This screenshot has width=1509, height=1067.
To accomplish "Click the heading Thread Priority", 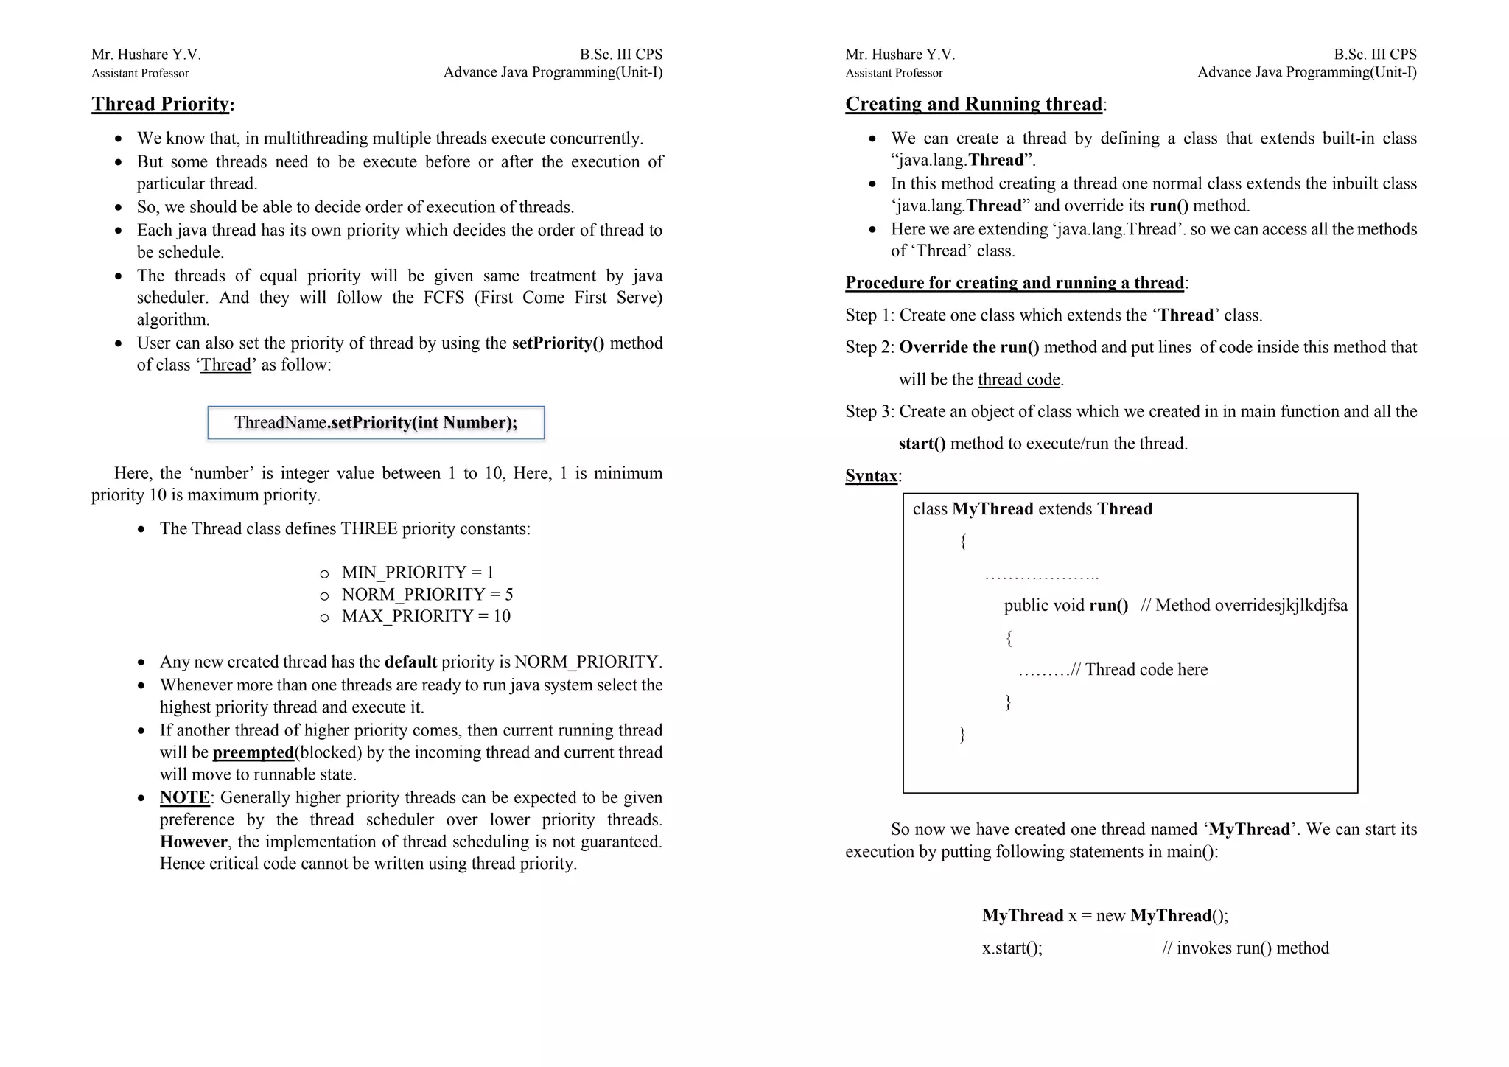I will click(161, 104).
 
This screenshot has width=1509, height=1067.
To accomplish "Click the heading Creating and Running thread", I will click(973, 104).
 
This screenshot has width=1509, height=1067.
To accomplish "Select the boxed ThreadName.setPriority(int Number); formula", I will click(376, 423).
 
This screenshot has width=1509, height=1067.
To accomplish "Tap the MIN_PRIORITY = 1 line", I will click(418, 573).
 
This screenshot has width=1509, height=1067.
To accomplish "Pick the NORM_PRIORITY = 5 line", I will click(427, 595).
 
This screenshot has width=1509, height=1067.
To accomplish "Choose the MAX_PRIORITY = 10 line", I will click(426, 616).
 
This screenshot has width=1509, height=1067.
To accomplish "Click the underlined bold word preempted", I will click(253, 752).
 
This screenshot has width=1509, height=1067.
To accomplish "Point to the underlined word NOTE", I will click(185, 798).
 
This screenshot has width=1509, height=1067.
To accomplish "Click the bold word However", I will click(194, 842).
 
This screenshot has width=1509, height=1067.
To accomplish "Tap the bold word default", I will click(410, 662).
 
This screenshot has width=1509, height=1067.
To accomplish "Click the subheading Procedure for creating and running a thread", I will click(1015, 283).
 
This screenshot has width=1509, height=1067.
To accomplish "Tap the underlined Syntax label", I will click(871, 476).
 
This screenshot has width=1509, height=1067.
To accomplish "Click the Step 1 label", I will click(869, 315).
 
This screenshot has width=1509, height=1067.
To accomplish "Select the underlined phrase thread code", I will click(1018, 379).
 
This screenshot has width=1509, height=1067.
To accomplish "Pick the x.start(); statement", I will click(1012, 948).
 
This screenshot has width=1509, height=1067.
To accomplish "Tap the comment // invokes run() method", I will click(1245, 948).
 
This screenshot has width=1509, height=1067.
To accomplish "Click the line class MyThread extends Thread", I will click(1032, 509).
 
